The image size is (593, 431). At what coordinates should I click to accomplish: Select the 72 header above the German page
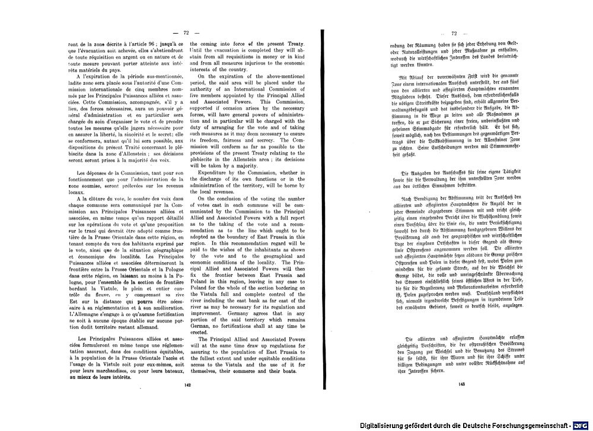point(455,33)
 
